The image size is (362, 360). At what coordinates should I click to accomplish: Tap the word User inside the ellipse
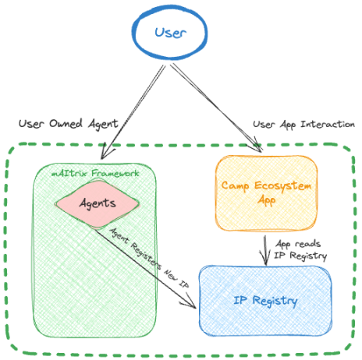point(171,33)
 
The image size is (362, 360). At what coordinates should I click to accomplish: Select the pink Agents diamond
point(97,204)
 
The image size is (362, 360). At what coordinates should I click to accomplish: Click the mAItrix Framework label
point(95,173)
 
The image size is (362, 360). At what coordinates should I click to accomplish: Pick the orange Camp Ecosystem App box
point(266,193)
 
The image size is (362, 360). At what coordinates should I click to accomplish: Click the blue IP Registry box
point(265,301)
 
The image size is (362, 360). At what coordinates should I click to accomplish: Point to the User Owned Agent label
point(69,124)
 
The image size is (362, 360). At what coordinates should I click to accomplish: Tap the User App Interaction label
point(303,125)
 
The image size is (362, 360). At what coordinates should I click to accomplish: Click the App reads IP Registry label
point(300,250)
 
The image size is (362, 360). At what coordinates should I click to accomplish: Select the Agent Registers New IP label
point(149,258)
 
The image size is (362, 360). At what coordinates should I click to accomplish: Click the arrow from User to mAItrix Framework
point(133,111)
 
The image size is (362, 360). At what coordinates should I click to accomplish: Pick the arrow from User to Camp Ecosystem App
point(216,107)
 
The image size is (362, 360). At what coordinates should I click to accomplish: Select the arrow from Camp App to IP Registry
point(265,250)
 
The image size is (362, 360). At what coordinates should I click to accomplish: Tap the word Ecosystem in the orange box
point(282,186)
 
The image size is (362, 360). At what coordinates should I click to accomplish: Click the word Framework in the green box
point(115,173)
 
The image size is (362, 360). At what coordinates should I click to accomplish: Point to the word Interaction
point(328,124)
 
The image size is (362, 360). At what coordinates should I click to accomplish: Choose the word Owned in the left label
point(66,124)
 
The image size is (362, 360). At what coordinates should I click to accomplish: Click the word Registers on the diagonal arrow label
point(146,256)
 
